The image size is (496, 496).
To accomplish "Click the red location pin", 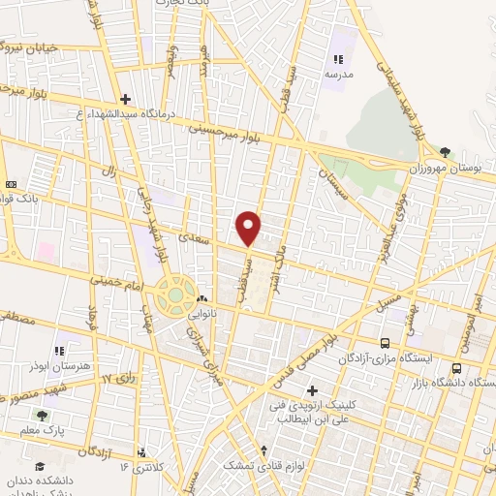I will point(249,227).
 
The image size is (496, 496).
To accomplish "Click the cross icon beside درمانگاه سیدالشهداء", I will point(125,99).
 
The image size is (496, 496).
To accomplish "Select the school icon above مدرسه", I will point(338,59).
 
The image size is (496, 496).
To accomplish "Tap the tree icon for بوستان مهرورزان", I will point(445,152).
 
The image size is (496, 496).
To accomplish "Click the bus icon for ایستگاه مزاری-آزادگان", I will point(386,343).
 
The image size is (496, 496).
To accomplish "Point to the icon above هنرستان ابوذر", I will point(59,350).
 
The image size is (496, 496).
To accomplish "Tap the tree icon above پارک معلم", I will point(41,415).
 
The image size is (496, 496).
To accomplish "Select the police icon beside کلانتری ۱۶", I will point(142,451).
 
